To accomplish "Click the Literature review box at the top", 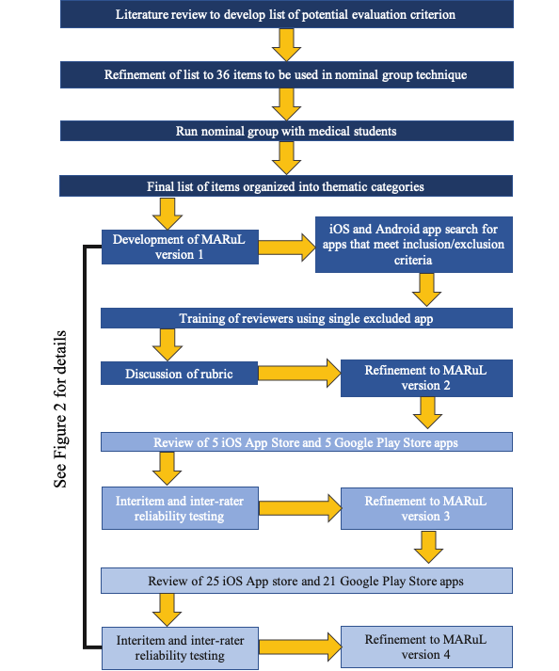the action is click(287, 14).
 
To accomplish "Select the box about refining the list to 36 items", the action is click(287, 75).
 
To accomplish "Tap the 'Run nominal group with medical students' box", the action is click(287, 131).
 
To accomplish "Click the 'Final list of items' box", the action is click(286, 186).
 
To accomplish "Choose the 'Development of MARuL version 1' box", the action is click(180, 247).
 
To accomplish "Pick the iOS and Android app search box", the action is click(414, 245).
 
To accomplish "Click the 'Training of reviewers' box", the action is click(307, 318).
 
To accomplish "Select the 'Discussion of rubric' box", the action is click(180, 374).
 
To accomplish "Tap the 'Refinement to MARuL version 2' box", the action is click(426, 378).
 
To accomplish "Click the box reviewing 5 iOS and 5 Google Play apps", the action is click(307, 442).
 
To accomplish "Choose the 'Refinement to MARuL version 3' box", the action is click(426, 508).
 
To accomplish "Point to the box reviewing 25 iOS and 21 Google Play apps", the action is click(307, 581).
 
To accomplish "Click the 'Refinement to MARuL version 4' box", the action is click(426, 647).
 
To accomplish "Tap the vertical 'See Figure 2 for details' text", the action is click(60, 408).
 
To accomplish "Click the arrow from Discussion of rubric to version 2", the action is click(299, 374).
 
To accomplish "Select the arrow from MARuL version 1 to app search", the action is click(287, 247).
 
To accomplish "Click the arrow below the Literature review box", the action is click(286, 45).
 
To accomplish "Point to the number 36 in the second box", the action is click(223, 75).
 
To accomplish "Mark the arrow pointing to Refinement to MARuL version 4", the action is click(300, 647).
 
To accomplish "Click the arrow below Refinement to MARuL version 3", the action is click(428, 547).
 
